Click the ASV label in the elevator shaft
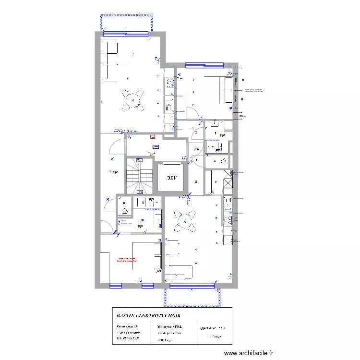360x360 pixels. (x=172, y=178)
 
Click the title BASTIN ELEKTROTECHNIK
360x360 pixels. (x=148, y=315)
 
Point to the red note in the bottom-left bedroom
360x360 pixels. (x=127, y=260)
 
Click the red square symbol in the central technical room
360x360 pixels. (x=153, y=136)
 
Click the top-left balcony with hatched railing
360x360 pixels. (x=127, y=24)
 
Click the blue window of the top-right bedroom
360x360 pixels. (x=204, y=65)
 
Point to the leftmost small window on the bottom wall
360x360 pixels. (x=115, y=286)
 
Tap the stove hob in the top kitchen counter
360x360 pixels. (x=170, y=83)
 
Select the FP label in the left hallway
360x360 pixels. (x=115, y=172)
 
